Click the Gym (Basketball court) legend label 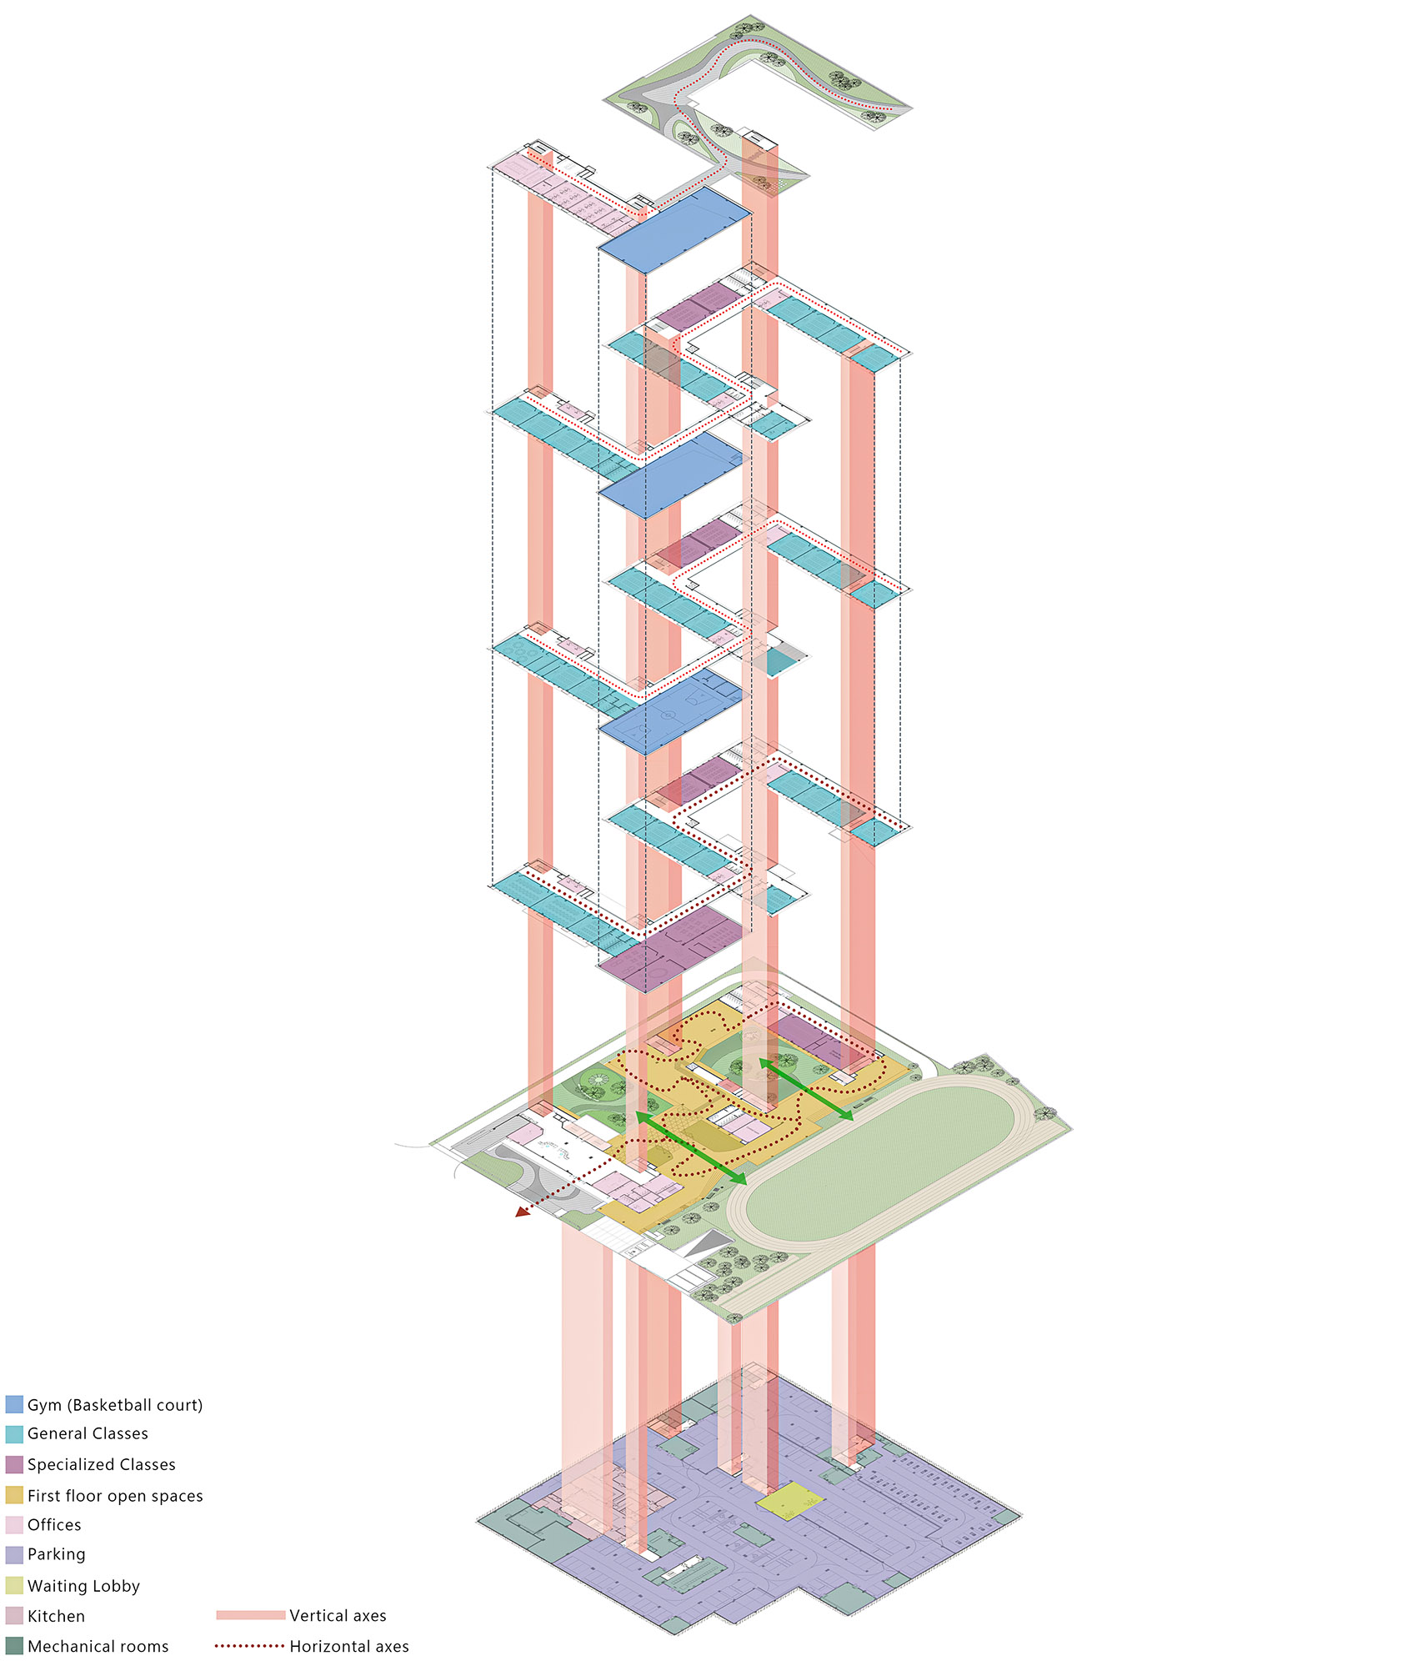click(115, 1405)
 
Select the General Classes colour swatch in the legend click(14, 1434)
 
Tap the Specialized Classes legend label click(102, 1464)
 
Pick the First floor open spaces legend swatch click(14, 1495)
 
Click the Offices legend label click(54, 1524)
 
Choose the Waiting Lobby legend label click(83, 1586)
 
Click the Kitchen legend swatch click(14, 1616)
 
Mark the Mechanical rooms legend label click(98, 1646)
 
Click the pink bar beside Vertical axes click(250, 1615)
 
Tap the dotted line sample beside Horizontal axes click(250, 1646)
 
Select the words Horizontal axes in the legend click(349, 1646)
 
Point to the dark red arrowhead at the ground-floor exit click(523, 1211)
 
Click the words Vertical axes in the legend click(338, 1615)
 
